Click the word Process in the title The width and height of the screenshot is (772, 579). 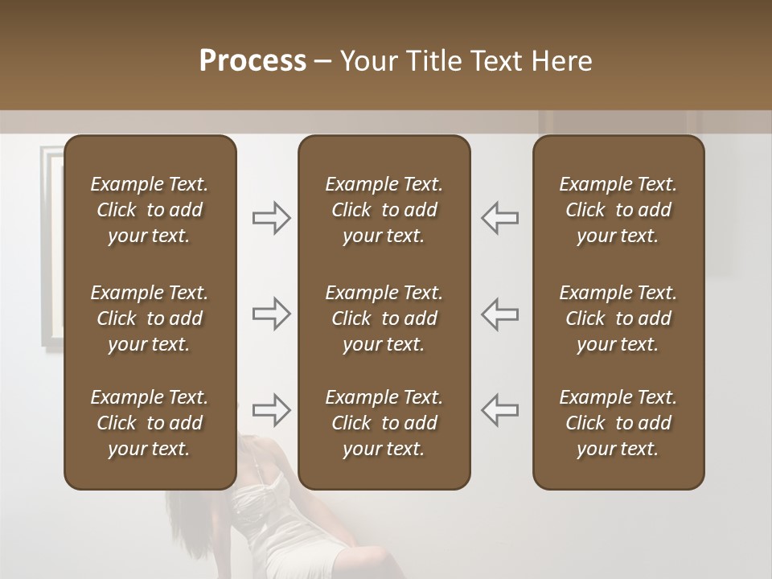coord(253,61)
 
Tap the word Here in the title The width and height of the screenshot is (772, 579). coord(561,61)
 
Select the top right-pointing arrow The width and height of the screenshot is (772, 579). coord(272,218)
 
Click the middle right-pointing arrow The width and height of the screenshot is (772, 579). coord(272,314)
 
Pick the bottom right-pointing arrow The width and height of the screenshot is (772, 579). coord(272,409)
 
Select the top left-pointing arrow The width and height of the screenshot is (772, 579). coord(499,218)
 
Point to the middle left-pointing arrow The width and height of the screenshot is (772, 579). coord(499,314)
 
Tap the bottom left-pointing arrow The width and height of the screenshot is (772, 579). coord(499,409)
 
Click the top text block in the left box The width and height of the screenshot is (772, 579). coord(150,210)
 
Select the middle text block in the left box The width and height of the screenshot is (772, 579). coord(150,318)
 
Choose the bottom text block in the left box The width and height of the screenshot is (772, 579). coord(150,423)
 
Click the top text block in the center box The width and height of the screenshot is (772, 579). coord(384,210)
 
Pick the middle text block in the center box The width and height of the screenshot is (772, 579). coord(384,318)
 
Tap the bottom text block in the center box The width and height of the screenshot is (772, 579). coord(384,423)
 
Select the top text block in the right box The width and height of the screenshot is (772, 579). coord(618,210)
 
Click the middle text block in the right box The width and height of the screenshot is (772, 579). coord(618,318)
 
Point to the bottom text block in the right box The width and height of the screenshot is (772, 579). coord(618,423)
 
